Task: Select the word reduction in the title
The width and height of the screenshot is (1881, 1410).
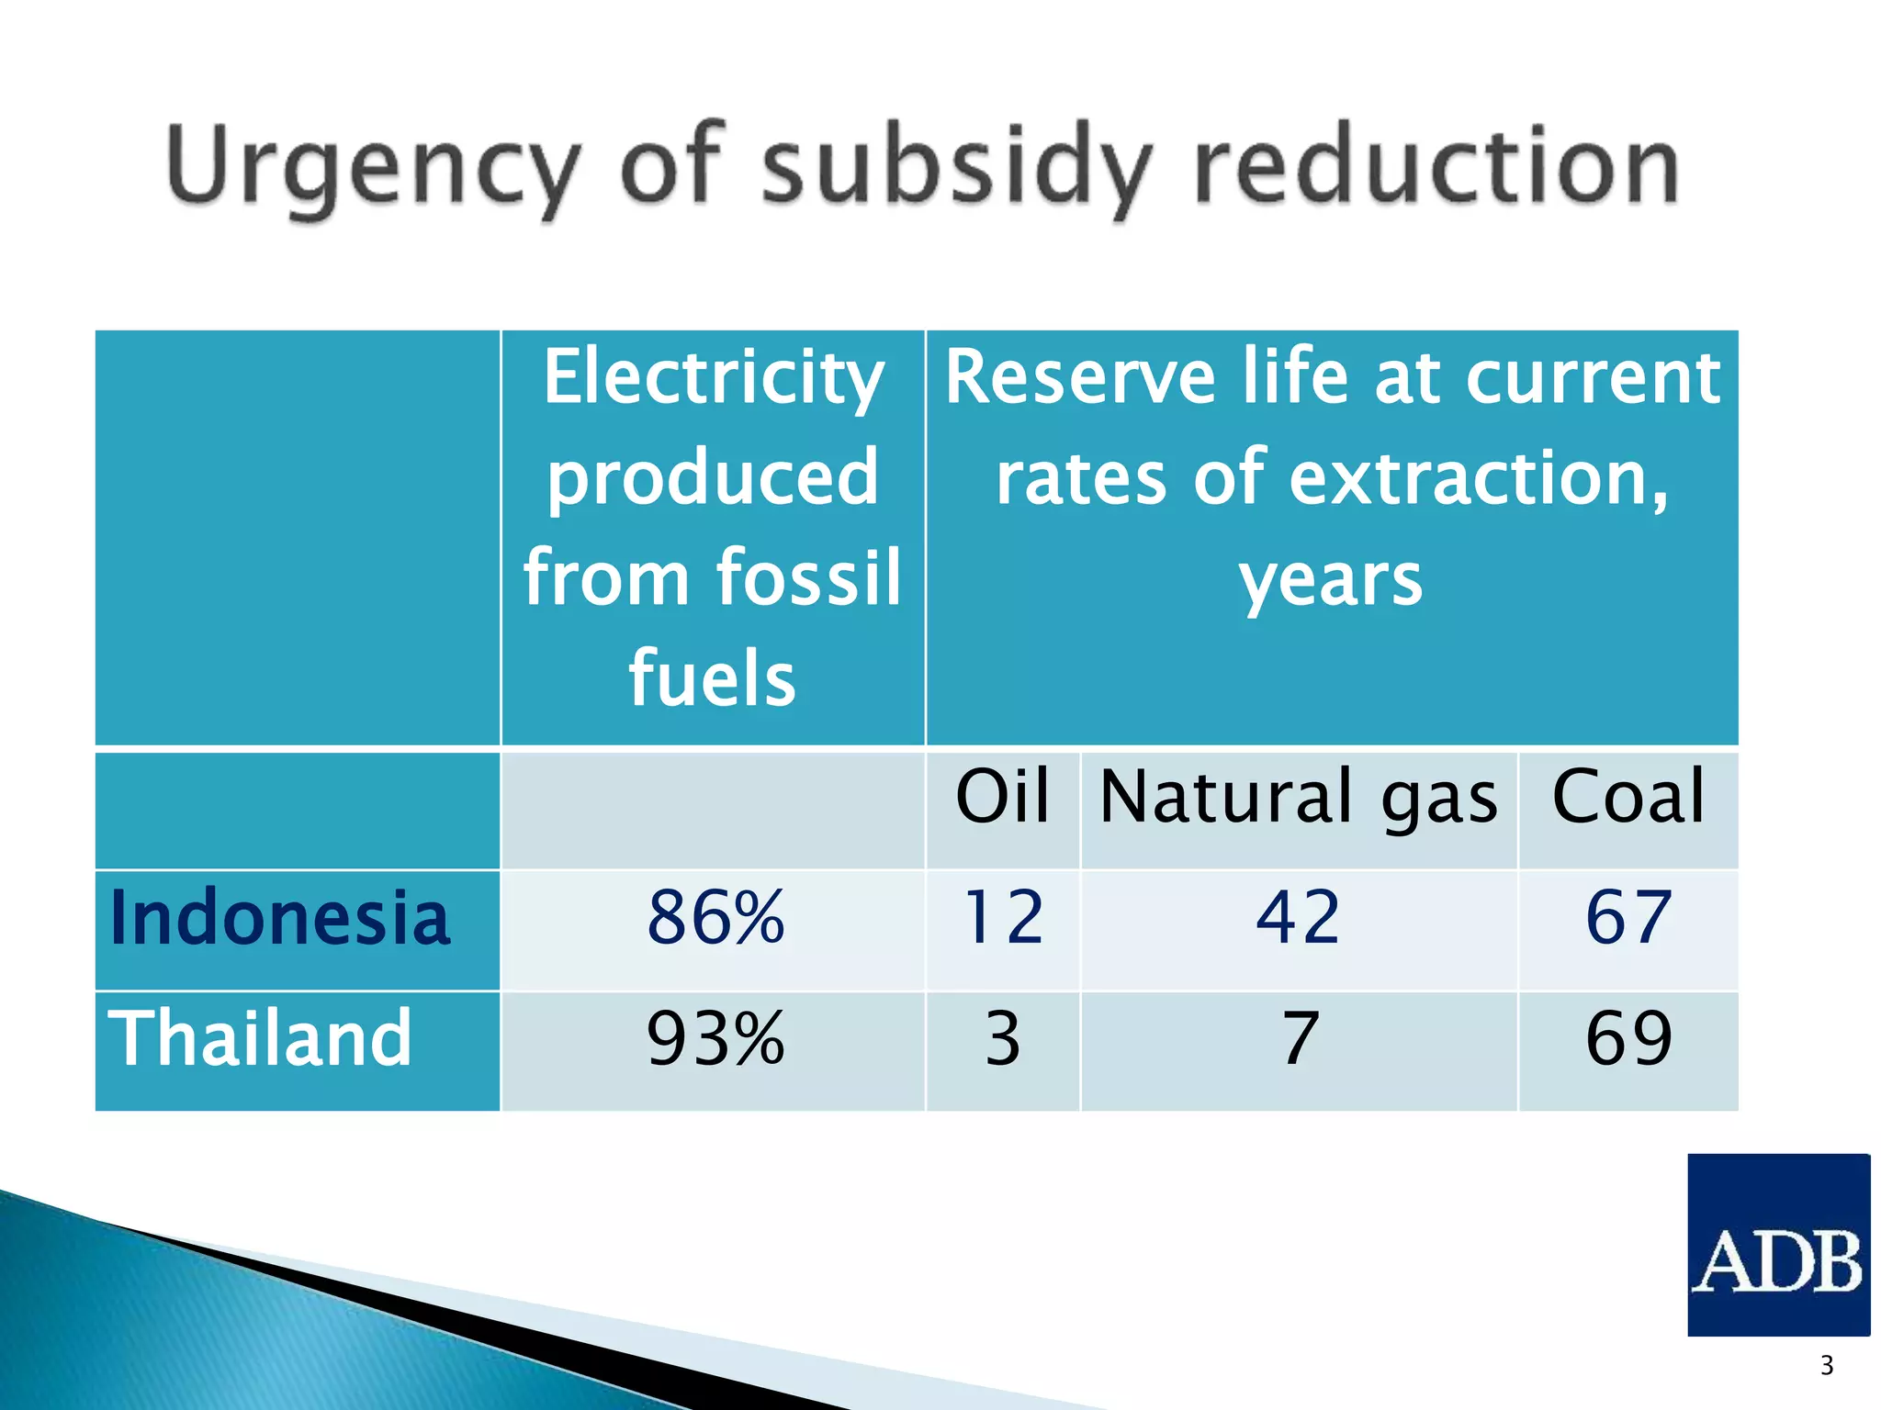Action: point(1437,165)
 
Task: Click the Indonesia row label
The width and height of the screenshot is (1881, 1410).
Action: point(279,918)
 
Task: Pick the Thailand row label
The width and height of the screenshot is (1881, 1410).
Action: point(260,1038)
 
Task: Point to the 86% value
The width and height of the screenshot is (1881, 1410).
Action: point(715,918)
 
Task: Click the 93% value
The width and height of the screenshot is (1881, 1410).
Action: point(715,1039)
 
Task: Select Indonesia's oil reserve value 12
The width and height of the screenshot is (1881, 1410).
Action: point(1002,918)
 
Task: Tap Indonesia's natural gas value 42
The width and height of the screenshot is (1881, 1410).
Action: point(1298,918)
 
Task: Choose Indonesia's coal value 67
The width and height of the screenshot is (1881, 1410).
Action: point(1628,918)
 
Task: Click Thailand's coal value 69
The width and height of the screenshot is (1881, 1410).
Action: point(1628,1039)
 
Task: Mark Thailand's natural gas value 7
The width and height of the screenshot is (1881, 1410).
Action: point(1300,1039)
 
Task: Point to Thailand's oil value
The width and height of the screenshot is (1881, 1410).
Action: point(1002,1039)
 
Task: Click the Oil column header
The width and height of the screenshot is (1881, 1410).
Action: point(1002,796)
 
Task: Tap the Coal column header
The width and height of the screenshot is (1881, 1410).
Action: point(1628,796)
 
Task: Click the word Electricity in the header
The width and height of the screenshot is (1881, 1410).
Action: point(713,378)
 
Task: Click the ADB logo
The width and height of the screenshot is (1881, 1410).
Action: point(1778,1244)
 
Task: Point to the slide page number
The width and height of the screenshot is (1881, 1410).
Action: point(1826,1366)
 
